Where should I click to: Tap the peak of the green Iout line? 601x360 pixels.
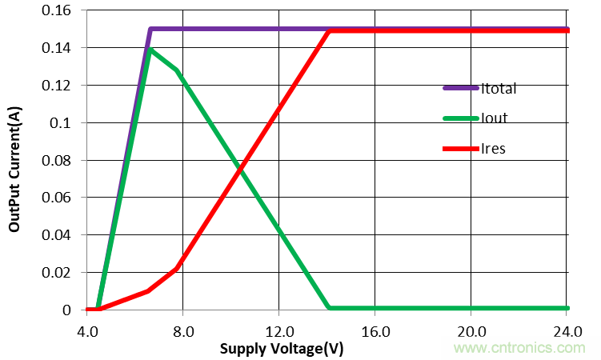pos(150,50)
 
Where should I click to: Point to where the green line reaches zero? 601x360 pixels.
pos(329,307)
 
